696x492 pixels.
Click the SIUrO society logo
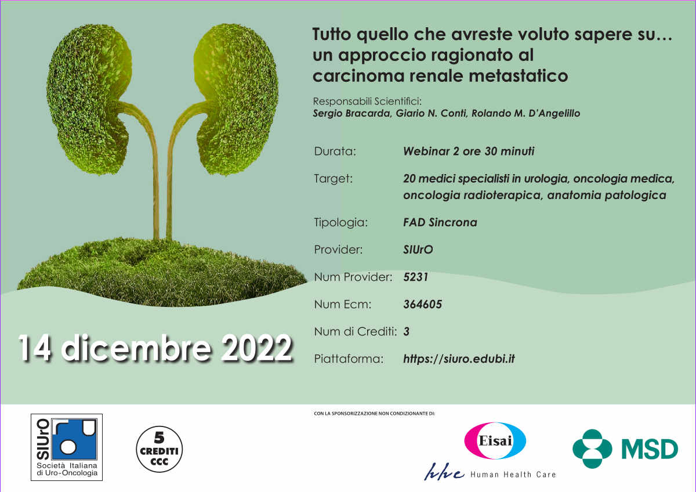coord(67,447)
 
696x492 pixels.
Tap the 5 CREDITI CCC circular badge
coord(159,449)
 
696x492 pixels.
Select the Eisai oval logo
coord(495,440)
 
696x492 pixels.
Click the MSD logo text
coord(650,449)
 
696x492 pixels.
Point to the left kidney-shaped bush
coord(89,99)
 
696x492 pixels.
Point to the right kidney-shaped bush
coord(236,99)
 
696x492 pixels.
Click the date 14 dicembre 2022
coord(155,348)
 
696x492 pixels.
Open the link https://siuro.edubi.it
coord(459,359)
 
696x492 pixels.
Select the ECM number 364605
coord(423,304)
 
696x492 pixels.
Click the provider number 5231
coord(416,277)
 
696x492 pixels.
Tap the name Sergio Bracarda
coord(351,113)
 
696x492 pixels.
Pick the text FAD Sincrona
coord(440,222)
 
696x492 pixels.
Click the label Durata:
coord(335,151)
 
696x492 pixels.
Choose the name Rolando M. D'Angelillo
coord(525,113)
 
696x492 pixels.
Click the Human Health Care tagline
coord(513,475)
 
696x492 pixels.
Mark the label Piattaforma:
coord(349,359)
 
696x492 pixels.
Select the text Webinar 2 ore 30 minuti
coord(469,151)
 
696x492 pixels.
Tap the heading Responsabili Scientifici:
coord(367,102)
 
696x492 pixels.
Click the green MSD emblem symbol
coord(593,449)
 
